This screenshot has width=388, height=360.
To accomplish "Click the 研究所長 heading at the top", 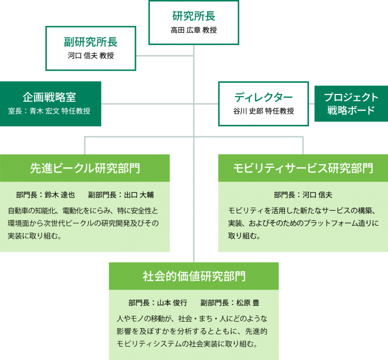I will (193, 16).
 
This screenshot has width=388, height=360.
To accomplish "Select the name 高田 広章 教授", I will (193, 30).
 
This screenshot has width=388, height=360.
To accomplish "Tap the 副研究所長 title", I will (91, 42).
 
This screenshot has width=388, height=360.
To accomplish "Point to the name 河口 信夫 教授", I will (91, 56).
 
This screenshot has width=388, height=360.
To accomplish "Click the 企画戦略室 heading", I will (49, 97).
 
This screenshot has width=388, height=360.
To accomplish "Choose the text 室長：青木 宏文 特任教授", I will (49, 111).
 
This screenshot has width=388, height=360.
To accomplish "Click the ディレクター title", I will (263, 97).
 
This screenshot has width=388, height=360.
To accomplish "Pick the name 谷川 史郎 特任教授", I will (263, 111).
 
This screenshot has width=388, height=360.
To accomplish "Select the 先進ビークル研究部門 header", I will (85, 168).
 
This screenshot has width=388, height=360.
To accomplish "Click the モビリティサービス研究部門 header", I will (303, 168).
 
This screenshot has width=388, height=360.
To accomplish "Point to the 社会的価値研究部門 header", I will (194, 276).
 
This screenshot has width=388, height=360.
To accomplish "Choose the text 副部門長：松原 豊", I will (230, 303).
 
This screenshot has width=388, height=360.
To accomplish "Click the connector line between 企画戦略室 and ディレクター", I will (159, 103).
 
